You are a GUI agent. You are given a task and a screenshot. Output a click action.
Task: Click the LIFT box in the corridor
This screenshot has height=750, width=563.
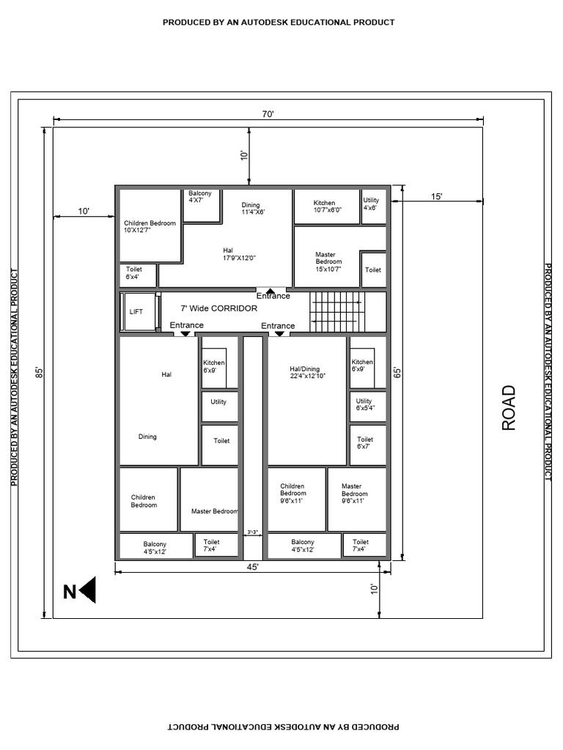138,311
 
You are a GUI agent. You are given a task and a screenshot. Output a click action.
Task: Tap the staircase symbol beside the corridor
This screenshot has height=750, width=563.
336,311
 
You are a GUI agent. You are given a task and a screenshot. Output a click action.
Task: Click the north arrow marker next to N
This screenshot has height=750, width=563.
88,590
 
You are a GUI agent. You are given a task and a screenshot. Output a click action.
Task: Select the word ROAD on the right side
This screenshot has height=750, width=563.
509,408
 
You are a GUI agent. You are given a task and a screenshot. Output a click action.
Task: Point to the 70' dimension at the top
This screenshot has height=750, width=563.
268,114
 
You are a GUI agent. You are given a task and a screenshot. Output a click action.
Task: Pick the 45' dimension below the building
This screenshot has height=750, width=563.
252,568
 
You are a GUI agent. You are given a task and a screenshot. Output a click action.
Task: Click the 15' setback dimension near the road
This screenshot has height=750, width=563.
437,196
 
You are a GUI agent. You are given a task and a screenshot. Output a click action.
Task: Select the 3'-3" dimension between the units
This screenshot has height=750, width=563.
252,532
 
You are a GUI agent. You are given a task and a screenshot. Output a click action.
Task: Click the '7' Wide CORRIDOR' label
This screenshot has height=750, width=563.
219,308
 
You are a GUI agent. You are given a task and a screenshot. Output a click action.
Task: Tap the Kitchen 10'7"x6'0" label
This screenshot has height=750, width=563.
324,207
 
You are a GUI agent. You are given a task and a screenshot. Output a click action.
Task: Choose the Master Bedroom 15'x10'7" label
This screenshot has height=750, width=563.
328,261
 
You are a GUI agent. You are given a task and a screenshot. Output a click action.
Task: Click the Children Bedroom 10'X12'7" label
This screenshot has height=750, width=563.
150,226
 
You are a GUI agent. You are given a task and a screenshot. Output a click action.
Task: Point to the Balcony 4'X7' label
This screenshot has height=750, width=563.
200,196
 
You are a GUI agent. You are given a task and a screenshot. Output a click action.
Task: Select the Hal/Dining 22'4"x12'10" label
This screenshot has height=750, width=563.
306,372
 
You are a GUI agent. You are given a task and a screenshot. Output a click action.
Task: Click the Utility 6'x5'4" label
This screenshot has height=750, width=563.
364,404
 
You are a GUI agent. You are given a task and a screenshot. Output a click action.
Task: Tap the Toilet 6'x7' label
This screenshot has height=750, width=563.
364,442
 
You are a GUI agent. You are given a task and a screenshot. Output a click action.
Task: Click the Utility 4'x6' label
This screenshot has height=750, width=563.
371,204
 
